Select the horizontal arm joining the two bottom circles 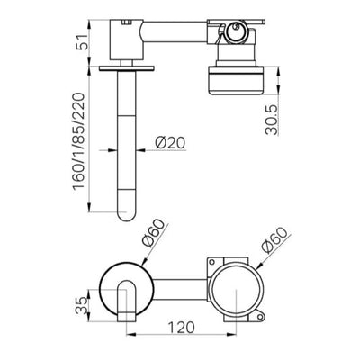click(x=171, y=291)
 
